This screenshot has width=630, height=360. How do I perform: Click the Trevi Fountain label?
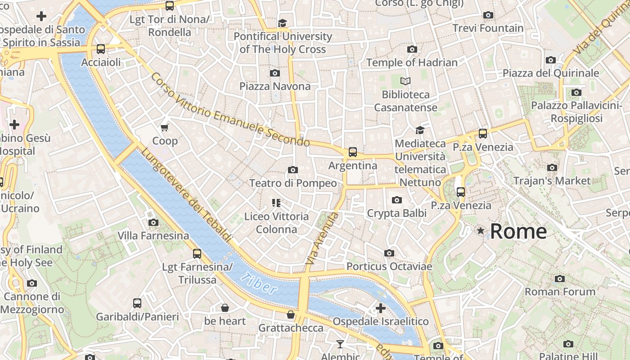click(488, 28)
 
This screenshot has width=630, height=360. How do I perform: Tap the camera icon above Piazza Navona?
click(274, 73)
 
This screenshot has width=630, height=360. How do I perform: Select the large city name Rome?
click(518, 231)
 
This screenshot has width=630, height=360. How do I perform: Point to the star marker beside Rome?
click(481, 231)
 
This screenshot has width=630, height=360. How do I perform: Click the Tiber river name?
click(258, 283)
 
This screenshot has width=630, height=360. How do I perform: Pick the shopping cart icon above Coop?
click(165, 128)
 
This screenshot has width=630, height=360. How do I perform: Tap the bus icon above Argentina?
click(353, 152)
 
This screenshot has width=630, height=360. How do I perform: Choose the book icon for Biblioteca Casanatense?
click(405, 81)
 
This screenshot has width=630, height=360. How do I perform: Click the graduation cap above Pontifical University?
click(282, 23)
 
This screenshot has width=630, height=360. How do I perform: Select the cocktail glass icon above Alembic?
click(340, 344)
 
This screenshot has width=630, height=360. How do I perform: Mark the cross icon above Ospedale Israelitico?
click(380, 308)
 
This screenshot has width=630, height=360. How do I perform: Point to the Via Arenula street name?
click(322, 238)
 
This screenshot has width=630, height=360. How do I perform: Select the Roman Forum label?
click(560, 292)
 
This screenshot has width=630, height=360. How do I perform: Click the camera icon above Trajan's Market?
click(552, 168)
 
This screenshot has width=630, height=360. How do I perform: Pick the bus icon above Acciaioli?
click(101, 49)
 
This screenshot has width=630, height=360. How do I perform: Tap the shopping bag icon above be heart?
click(225, 308)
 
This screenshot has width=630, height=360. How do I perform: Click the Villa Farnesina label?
click(153, 236)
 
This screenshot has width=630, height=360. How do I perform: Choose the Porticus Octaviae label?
click(389, 266)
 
